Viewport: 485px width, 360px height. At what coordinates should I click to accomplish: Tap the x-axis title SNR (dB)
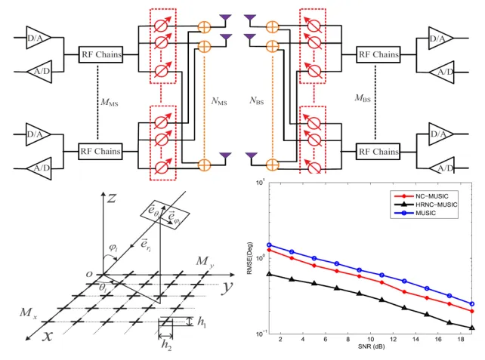371,346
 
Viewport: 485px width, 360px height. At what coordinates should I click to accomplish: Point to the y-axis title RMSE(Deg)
249,258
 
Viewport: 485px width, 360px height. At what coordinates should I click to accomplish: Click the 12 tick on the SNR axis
393,340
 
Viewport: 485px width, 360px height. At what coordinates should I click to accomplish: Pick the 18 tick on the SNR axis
461,340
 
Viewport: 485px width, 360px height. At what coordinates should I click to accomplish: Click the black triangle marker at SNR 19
472,328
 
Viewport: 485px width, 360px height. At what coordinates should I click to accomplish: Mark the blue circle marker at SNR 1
269,245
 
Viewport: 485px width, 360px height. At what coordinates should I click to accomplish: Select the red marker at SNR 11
382,282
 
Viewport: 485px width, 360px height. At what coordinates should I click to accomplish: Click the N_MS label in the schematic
219,101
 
